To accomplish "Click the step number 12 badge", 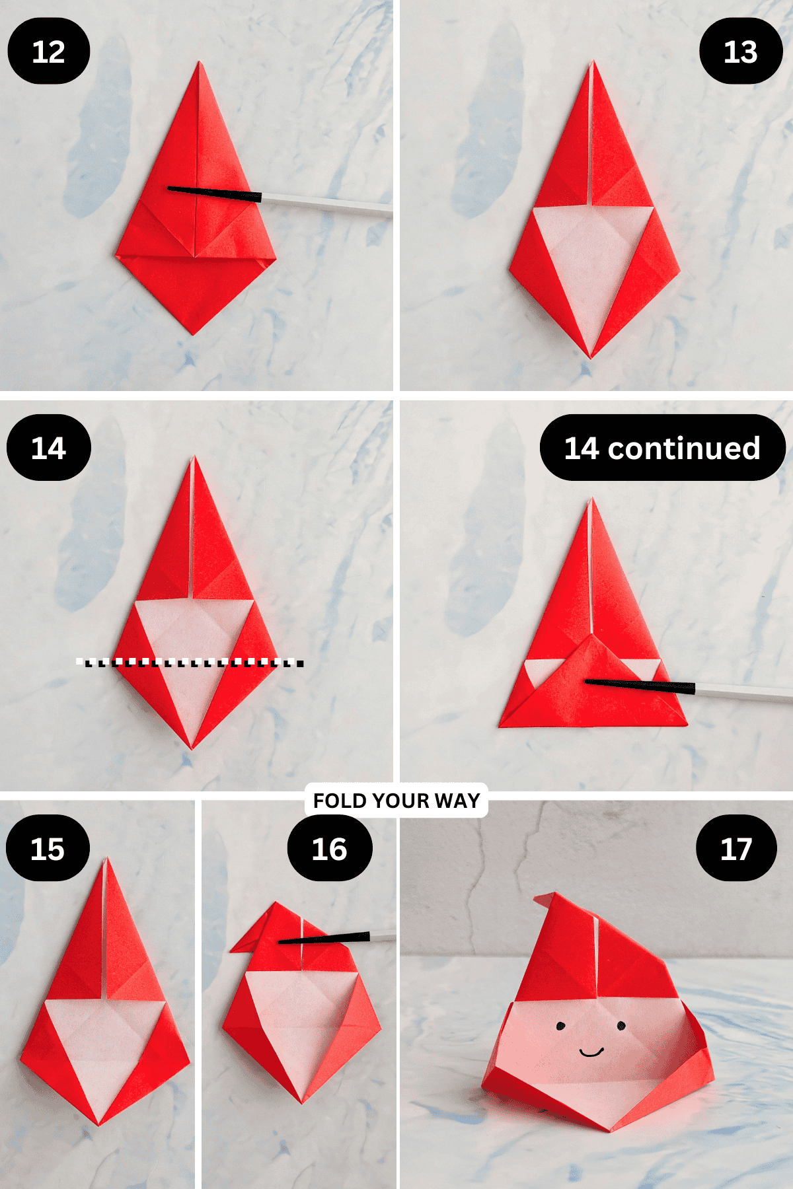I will tap(48, 52).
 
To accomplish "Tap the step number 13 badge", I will tap(740, 52).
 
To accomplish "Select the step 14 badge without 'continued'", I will tap(48, 448).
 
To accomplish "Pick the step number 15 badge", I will tap(48, 848).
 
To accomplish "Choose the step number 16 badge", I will tap(329, 848).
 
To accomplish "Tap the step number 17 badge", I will tap(736, 848).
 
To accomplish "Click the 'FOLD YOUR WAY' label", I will tap(397, 801).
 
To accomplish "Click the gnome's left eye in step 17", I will tap(560, 1026).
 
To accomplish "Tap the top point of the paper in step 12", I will tap(199, 64).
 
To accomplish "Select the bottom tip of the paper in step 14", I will tap(192, 747).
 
